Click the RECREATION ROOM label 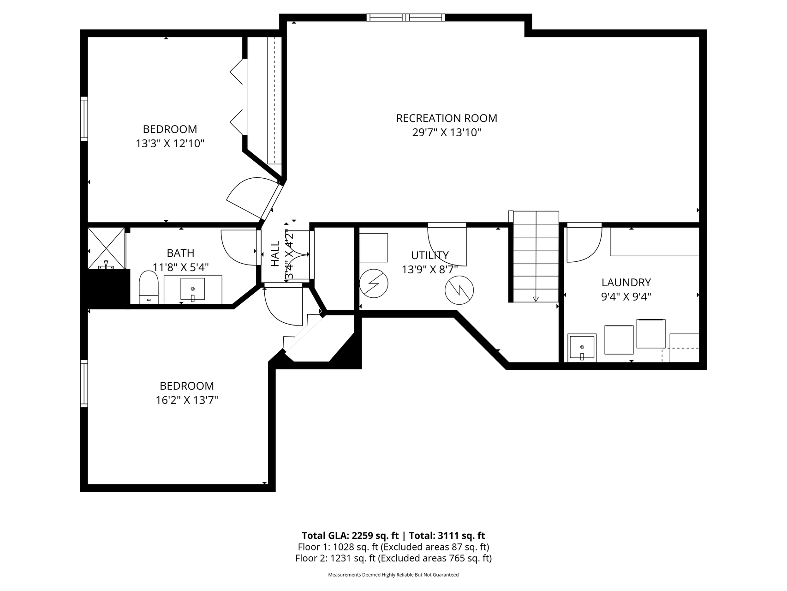tap(447, 118)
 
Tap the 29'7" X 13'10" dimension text tap(447, 133)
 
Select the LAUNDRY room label tap(626, 282)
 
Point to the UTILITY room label tap(429, 255)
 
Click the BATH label tap(180, 253)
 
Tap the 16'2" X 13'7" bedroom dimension tap(187, 400)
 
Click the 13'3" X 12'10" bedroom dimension tap(170, 144)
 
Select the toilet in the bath tap(149, 287)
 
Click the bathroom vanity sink tap(192, 289)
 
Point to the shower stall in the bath tap(106, 248)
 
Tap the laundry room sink tap(582, 347)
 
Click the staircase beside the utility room tap(536, 257)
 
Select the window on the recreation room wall tap(406, 18)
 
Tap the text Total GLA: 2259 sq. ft tap(350, 536)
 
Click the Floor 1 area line tap(393, 547)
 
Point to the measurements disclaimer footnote tap(393, 575)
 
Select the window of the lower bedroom tap(84, 383)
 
